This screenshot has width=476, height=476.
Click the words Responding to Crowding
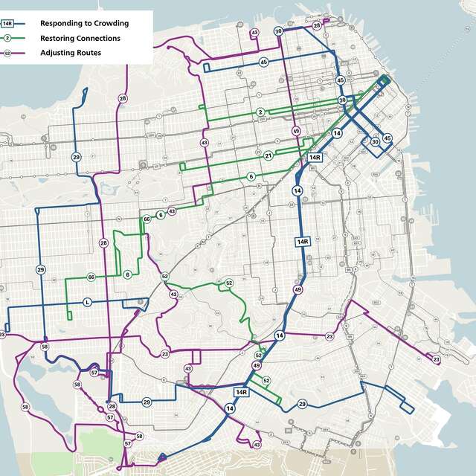click(83, 23)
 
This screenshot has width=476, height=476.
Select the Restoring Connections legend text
click(80, 38)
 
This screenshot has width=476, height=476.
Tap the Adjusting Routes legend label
click(71, 53)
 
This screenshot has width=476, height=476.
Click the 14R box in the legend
click(7, 23)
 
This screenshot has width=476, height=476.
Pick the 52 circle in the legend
click(7, 53)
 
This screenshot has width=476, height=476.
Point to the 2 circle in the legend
click(7, 38)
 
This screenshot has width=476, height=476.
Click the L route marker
click(87, 302)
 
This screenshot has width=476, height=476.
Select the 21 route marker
click(268, 155)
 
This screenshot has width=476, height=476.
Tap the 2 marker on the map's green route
click(260, 112)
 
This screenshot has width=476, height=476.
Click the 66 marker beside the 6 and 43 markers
click(147, 219)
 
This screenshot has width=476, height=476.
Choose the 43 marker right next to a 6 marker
click(172, 211)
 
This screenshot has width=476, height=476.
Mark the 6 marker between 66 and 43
click(160, 215)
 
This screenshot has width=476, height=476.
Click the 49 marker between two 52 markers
click(257, 366)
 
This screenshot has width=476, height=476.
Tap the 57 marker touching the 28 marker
click(109, 417)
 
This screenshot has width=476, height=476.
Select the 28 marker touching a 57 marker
click(112, 407)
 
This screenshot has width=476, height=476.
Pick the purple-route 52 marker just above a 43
click(165, 276)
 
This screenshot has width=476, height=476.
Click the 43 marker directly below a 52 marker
click(173, 295)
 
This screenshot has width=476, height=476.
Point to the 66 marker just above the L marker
click(91, 277)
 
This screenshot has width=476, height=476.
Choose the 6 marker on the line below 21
click(251, 176)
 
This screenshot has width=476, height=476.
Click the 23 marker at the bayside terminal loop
click(437, 360)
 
